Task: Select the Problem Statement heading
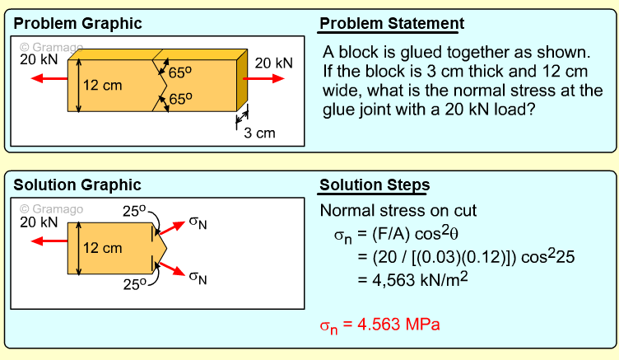point(392,24)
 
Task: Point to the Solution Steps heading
point(374,185)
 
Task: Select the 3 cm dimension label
point(259,133)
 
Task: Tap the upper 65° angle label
point(181,72)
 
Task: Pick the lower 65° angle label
point(181,99)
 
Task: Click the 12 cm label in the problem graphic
point(102,84)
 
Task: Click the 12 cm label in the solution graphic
point(102,247)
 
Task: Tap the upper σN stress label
point(198,223)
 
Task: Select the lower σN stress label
point(198,277)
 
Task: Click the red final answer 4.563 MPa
point(379,325)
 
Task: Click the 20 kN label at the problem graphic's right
point(273,63)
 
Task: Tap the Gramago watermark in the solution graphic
point(51,208)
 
